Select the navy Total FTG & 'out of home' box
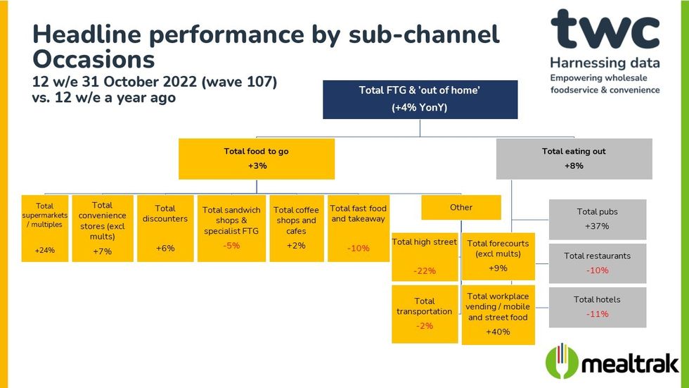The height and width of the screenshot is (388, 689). [x=420, y=99]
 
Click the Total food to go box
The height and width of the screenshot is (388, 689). [x=256, y=158]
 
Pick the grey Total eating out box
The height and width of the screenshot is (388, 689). [x=574, y=158]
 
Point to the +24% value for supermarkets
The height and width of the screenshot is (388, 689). [x=44, y=249]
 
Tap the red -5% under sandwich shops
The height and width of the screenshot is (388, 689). [x=231, y=246]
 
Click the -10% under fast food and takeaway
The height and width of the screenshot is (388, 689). [x=358, y=248]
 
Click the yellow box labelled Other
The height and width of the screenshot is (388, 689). [x=461, y=208]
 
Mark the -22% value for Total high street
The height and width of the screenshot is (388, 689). [x=425, y=271]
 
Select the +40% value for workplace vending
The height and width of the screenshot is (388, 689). [x=498, y=332]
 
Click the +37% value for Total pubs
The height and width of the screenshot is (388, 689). [x=597, y=227]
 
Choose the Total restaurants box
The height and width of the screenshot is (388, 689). [x=597, y=263]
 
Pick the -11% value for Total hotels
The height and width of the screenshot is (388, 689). [x=597, y=314]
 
